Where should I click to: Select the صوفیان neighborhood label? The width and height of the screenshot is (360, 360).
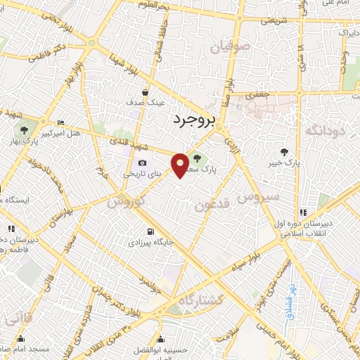tap(229, 47)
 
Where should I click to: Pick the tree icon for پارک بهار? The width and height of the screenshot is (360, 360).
tap(25, 130)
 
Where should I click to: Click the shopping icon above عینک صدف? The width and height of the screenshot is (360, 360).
tap(145, 92)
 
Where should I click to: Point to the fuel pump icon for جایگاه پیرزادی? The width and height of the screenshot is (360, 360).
tap(150, 231)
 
